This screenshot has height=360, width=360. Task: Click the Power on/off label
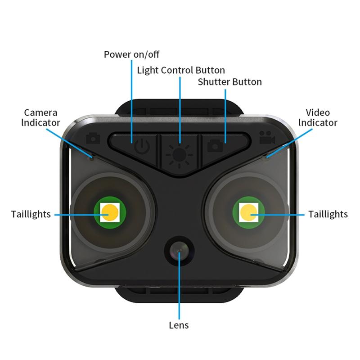tap(131, 55)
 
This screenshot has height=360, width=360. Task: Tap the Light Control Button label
tap(181, 70)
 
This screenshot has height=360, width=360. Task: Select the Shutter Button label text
tap(229, 82)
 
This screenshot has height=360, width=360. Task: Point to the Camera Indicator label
tap(42, 117)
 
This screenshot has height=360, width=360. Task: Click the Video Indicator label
tap(318, 117)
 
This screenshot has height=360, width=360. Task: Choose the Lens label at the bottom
tap(179, 325)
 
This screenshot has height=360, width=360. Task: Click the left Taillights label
tap(31, 214)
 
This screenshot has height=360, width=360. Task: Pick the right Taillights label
tap(328, 214)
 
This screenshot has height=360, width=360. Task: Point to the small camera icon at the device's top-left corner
tap(93, 137)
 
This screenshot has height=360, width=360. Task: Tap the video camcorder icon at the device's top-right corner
tap(267, 138)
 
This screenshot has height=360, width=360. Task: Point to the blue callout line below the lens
tap(179, 292)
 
